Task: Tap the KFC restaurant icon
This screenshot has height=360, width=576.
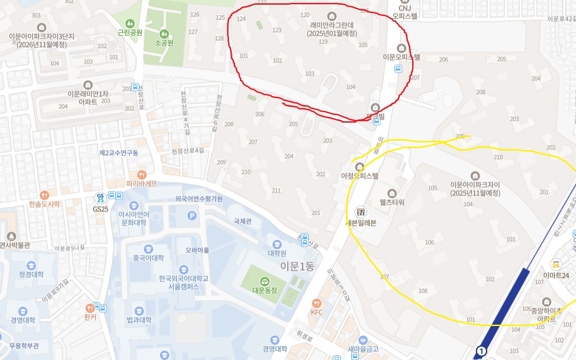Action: click(316, 303)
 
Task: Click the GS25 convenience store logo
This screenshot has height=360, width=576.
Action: click(100, 198)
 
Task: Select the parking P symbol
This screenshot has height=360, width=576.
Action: click(192, 216)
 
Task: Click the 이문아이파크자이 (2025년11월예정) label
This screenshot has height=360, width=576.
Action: click(475, 189)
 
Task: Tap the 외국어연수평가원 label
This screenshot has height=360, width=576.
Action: click(199, 199)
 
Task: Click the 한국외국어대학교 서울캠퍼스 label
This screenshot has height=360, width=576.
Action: click(184, 283)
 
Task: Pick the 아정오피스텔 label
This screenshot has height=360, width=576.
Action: click(360, 176)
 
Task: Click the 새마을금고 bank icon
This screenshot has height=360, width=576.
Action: click(363, 340)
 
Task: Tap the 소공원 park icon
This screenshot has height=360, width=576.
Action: click(164, 34)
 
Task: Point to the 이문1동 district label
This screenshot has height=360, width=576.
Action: click(297, 266)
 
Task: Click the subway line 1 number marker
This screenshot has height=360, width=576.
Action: click(481, 351)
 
